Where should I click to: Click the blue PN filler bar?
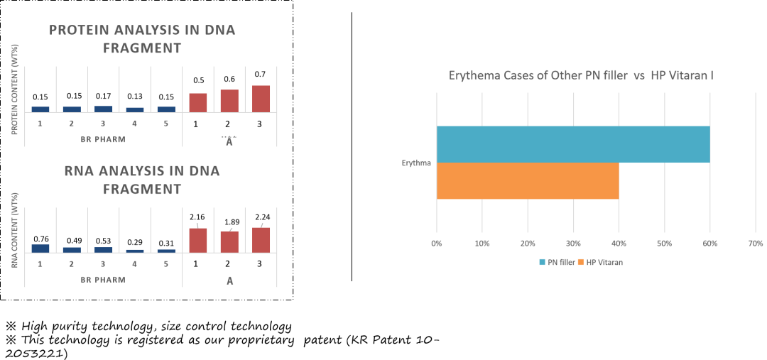tap(573, 144)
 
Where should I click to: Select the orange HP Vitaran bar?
tap(528, 180)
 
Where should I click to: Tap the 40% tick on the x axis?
tap(619, 244)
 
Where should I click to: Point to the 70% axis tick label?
tap(756, 244)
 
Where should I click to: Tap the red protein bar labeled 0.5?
tap(198, 103)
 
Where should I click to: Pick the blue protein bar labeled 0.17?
tap(103, 109)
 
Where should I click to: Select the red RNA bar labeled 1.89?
tap(229, 241)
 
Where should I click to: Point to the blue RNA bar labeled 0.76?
tap(40, 249)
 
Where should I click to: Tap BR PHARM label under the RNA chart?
tap(103, 280)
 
